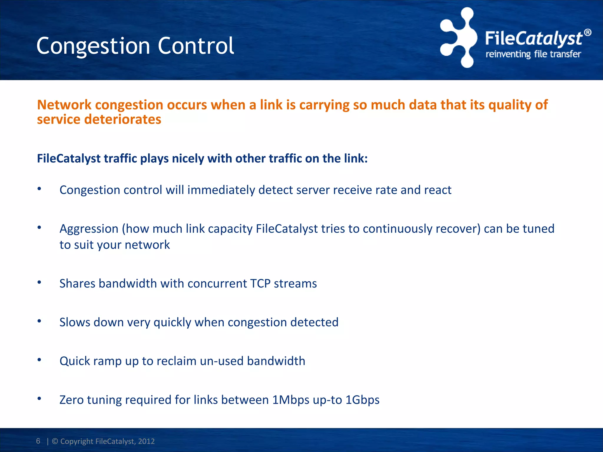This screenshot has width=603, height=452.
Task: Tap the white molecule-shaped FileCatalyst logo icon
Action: tap(459, 38)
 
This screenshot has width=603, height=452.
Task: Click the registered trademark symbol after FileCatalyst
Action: tap(587, 32)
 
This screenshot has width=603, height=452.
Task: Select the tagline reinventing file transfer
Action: tap(533, 54)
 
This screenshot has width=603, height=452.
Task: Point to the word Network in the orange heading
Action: tap(64, 105)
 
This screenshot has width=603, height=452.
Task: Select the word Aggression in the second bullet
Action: tap(89, 229)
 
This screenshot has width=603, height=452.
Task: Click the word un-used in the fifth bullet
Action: tap(221, 361)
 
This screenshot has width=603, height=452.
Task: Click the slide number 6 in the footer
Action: tap(38, 441)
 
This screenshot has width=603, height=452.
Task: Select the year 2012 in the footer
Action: tap(146, 441)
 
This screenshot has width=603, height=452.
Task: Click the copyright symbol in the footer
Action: tap(55, 441)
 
